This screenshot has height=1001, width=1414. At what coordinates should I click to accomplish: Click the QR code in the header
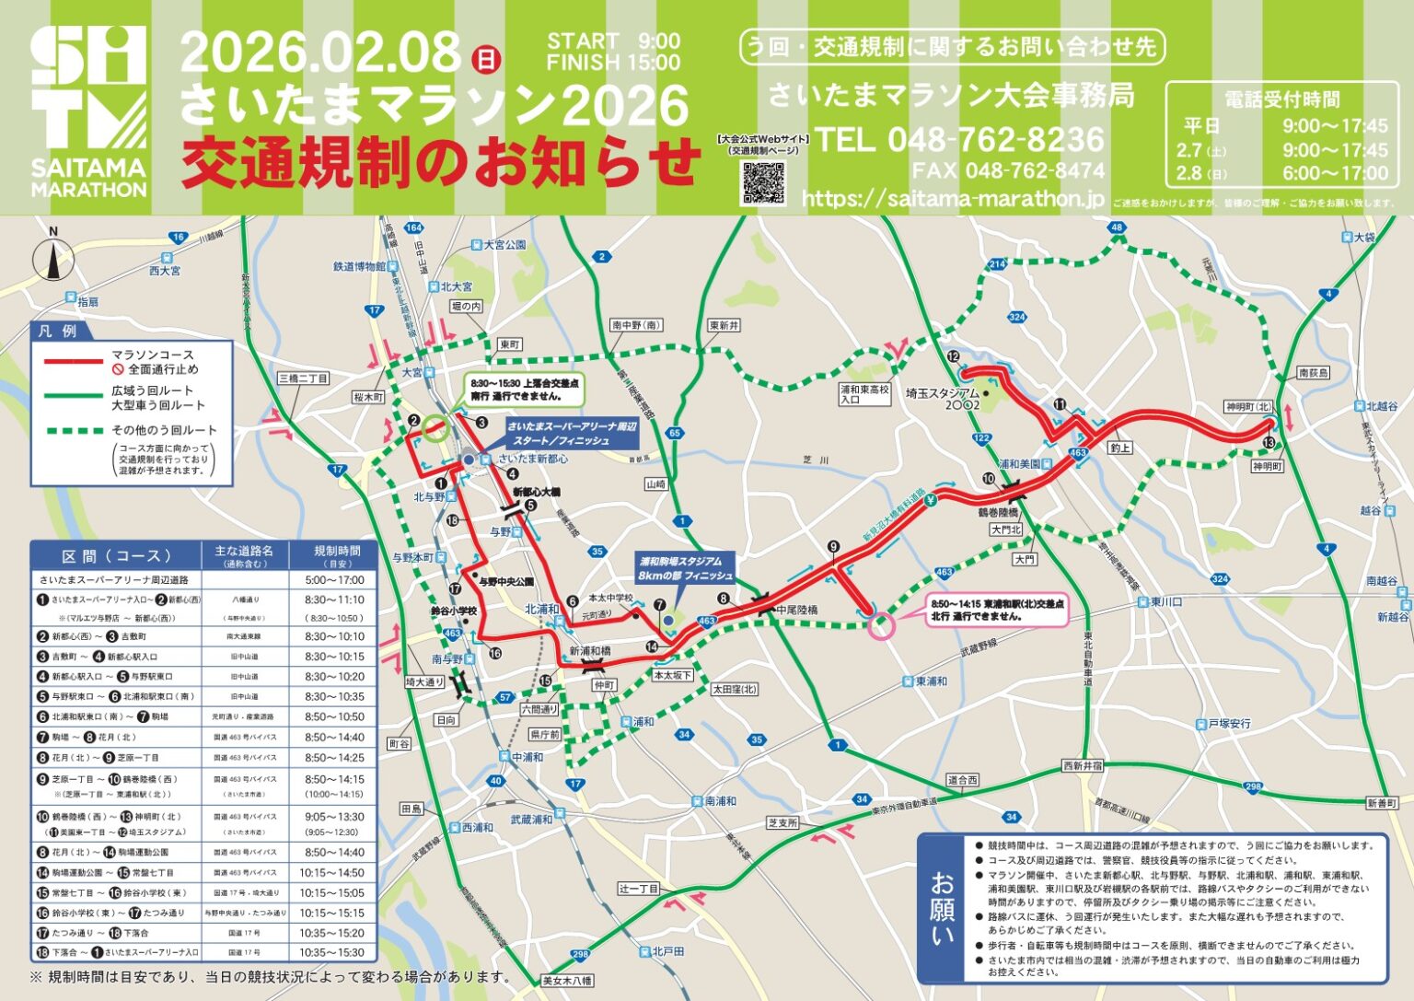tap(763, 181)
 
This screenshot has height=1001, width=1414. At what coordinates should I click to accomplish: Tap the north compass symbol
tap(53, 256)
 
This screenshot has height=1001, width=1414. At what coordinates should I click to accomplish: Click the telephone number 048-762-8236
tap(959, 140)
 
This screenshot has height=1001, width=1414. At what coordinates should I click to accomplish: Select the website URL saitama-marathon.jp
tap(953, 199)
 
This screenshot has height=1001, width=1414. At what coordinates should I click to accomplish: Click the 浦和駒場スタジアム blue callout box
tap(686, 567)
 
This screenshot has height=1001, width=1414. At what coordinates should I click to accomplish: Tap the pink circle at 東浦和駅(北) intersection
tap(881, 626)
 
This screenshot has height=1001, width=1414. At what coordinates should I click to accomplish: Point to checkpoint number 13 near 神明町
tap(1270, 443)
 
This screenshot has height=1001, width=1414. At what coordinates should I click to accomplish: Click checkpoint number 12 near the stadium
tap(953, 356)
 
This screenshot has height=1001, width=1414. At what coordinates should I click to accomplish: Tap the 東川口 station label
tap(1165, 601)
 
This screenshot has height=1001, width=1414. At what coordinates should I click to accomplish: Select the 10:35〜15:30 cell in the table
tap(332, 952)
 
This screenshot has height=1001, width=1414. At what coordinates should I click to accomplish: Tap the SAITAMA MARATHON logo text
tap(88, 178)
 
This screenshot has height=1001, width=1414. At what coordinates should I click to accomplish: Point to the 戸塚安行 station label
tap(1229, 724)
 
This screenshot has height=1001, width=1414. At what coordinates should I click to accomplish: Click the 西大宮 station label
tap(165, 271)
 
